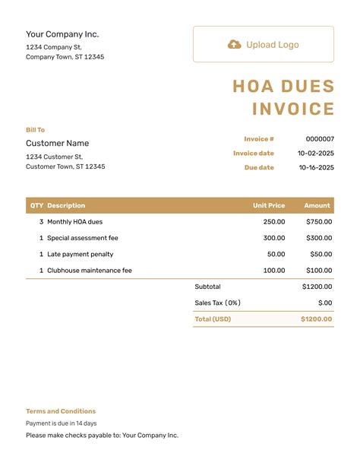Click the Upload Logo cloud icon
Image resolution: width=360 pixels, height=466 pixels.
235,45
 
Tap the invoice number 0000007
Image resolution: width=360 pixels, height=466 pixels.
320,139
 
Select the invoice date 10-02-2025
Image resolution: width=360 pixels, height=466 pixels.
315,154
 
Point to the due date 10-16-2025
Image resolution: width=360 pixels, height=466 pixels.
315,168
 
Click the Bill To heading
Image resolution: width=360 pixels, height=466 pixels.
35,130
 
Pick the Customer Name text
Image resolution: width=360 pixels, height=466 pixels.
57,144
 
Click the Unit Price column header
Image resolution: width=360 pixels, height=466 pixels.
269,205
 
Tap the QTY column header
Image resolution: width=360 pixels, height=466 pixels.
36,205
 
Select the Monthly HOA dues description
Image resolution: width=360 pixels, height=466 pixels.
74,222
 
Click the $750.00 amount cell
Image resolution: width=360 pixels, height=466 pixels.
319,222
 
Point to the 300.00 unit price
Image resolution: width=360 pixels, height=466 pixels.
274,238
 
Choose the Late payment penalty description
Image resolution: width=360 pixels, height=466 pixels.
81,255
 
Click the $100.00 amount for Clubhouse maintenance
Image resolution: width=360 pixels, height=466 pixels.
319,271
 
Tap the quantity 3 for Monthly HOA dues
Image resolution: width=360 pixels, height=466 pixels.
41,222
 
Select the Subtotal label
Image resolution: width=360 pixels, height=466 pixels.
207,287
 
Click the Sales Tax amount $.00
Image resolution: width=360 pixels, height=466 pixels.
325,303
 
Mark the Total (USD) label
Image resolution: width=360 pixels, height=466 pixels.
213,319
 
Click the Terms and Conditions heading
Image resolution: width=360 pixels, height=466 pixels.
61,411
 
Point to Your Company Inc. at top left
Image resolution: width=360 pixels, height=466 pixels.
62,34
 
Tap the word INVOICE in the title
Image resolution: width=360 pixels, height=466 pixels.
293,109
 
